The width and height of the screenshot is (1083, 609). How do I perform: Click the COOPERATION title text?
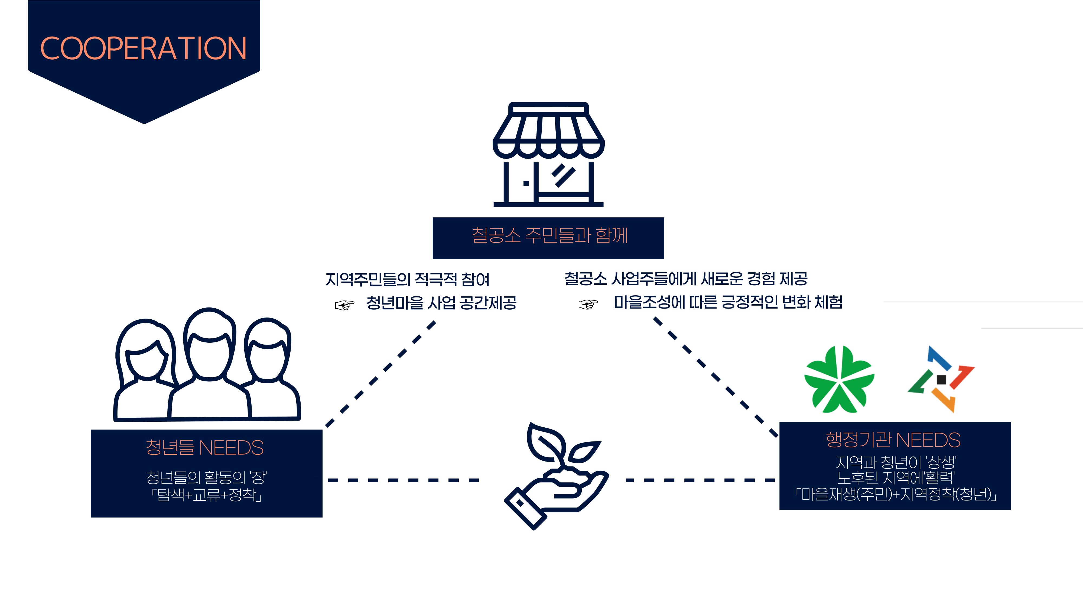pyautogui.click(x=143, y=48)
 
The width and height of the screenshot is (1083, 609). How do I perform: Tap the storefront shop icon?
pyautogui.click(x=548, y=154)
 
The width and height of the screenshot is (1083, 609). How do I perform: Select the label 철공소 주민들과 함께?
pyautogui.click(x=549, y=235)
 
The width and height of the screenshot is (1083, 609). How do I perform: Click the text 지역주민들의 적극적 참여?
pyautogui.click(x=407, y=279)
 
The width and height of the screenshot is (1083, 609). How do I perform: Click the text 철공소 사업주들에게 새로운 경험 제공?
pyautogui.click(x=686, y=278)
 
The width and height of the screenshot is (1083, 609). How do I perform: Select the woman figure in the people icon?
pyautogui.click(x=145, y=370)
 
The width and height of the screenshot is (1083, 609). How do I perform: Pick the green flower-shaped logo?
pyautogui.click(x=839, y=379)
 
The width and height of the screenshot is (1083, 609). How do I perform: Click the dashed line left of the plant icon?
pyautogui.click(x=403, y=480)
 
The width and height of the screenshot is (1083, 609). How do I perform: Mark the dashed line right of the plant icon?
pyautogui.click(x=700, y=480)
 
